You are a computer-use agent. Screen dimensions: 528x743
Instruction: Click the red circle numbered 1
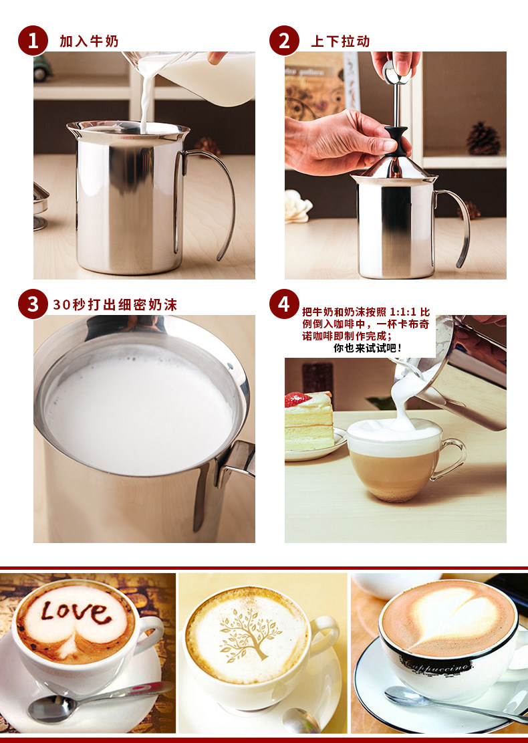point(33,41)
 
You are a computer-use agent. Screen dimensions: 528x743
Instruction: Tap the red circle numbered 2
point(284,41)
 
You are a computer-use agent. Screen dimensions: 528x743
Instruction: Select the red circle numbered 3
point(33,304)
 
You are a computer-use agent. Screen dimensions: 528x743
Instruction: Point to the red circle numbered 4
point(284,304)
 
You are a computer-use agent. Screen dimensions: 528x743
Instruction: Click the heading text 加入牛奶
point(89,41)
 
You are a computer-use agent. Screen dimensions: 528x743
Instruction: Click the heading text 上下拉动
point(340,41)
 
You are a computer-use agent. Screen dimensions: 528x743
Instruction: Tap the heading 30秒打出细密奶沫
point(115,305)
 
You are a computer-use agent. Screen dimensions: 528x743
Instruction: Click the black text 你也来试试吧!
point(368,348)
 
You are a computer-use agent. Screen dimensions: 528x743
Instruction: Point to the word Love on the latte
point(76,612)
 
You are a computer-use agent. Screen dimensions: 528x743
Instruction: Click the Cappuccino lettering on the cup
point(436,664)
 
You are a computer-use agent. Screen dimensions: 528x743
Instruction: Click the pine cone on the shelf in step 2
point(483,138)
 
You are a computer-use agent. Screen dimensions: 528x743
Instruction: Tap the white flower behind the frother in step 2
point(297,206)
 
